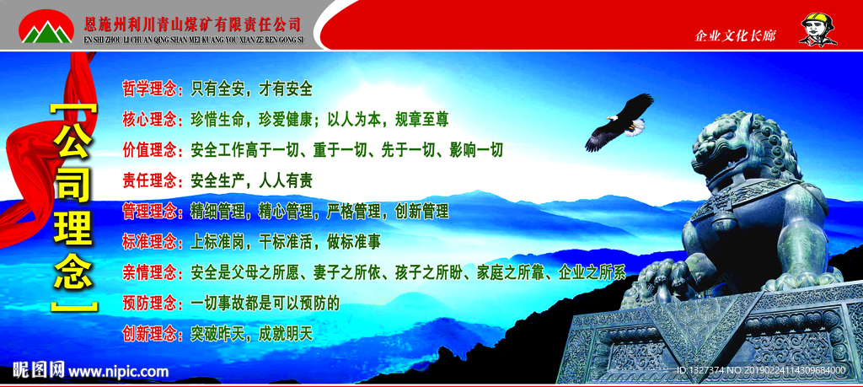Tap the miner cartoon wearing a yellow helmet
coord(817,30)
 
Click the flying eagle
coord(621,121)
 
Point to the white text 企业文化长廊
coord(735,36)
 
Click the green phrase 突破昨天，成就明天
coord(251,333)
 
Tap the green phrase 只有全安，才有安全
coord(251,89)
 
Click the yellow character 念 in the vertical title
coord(73,273)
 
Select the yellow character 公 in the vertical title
coord(73,140)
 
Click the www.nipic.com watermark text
coord(118,371)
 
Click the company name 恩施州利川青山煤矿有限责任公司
coord(193,24)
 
